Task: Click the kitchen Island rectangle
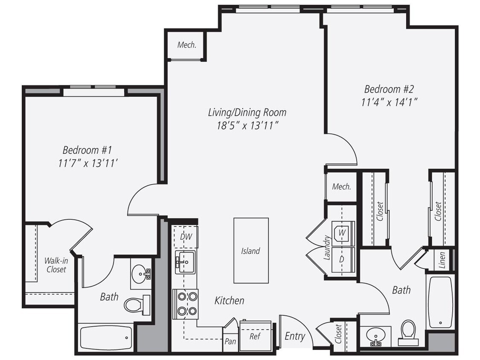coord(251,250)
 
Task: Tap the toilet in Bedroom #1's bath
coord(136,305)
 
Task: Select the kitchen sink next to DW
coord(185,261)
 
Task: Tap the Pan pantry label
coord(230,342)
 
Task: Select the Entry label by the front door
coord(295,337)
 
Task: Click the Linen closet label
coord(442,260)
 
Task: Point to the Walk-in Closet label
coord(56,264)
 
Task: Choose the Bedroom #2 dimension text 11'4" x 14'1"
coord(389,102)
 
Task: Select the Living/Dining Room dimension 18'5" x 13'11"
coord(247,125)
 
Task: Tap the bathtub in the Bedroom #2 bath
coord(440,302)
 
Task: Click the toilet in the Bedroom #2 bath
coord(408,331)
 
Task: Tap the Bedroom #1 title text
coord(87,150)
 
